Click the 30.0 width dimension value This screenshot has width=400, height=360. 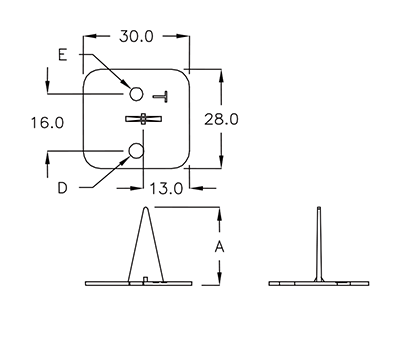pyautogui.click(x=136, y=36)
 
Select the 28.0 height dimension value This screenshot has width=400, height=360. pyautogui.click(x=221, y=119)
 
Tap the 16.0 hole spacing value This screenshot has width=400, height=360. pyautogui.click(x=47, y=123)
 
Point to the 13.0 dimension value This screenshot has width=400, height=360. pyautogui.click(x=166, y=189)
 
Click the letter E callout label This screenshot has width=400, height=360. pyautogui.click(x=63, y=55)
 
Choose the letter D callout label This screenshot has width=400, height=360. pyautogui.click(x=62, y=188)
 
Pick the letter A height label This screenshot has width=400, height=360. pyautogui.click(x=219, y=247)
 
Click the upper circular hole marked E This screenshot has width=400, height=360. pyautogui.click(x=136, y=94)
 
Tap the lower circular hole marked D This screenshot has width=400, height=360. pyautogui.click(x=136, y=151)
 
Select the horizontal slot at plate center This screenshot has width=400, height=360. pyautogui.click(x=143, y=119)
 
